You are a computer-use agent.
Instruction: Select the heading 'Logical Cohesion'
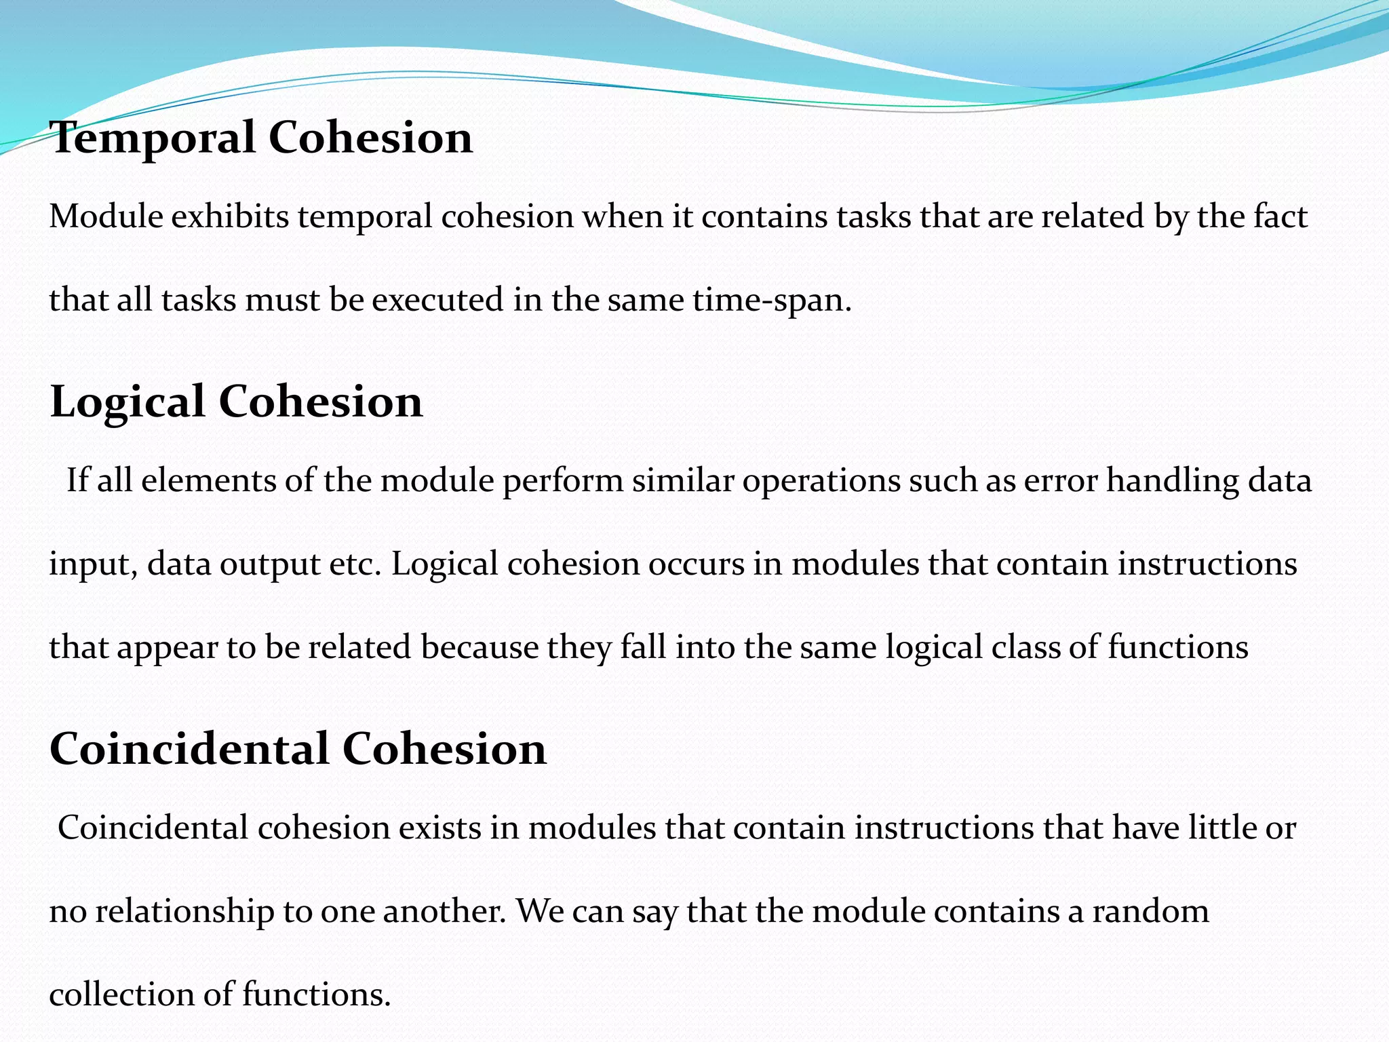tap(236, 402)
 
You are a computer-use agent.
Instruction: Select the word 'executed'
tap(437, 300)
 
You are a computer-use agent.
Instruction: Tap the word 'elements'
tap(208, 481)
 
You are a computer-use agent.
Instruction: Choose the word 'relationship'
tap(184, 912)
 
